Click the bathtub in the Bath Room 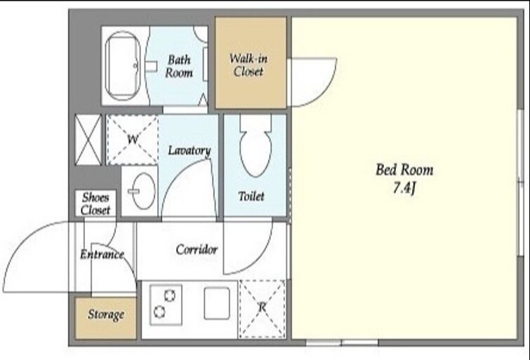click(122, 66)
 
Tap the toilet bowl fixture click(256, 145)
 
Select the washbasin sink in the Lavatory click(143, 191)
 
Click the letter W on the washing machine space click(133, 138)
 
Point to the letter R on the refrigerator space click(262, 307)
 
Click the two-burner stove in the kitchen click(166, 305)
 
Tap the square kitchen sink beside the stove click(217, 303)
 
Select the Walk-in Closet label click(249, 65)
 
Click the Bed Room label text click(404, 169)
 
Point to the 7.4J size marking click(404, 187)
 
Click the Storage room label click(106, 314)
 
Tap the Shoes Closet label click(95, 204)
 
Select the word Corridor click(197, 249)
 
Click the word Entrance click(102, 254)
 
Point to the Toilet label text click(251, 196)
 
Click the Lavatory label click(190, 150)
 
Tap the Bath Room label click(179, 66)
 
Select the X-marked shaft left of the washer click(88, 140)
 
